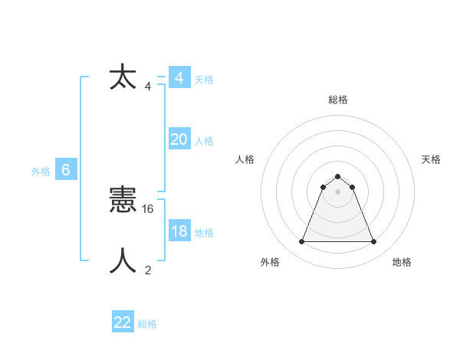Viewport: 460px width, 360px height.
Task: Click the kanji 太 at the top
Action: [x=123, y=78]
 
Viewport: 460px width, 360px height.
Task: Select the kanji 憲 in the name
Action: [x=123, y=201]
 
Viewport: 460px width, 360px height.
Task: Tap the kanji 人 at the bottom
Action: [x=123, y=261]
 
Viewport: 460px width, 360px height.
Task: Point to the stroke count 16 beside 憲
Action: [x=149, y=208]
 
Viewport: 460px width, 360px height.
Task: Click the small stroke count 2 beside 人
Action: [x=148, y=270]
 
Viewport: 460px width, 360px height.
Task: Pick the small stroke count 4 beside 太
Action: [x=148, y=86]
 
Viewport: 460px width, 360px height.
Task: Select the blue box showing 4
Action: [x=179, y=78]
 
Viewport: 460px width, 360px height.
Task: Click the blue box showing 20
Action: [x=179, y=139]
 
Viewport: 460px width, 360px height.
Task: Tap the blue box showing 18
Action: [x=179, y=231]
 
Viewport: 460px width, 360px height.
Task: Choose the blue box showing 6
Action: [x=66, y=170]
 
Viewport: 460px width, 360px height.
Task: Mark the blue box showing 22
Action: [x=123, y=322]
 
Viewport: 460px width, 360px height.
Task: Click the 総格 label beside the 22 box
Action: [x=147, y=324]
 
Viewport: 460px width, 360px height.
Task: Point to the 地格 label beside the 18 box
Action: [x=204, y=232]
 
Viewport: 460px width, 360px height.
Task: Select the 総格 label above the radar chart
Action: [x=337, y=100]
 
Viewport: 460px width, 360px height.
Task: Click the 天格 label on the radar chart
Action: [x=432, y=159]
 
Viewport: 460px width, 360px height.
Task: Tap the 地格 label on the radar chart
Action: [x=402, y=262]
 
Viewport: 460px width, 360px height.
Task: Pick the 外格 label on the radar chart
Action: [x=270, y=262]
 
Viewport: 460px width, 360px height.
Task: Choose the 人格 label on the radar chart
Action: [x=245, y=159]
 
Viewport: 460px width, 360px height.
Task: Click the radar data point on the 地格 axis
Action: [x=373, y=242]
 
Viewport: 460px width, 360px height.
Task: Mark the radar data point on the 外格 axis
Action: [x=301, y=242]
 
